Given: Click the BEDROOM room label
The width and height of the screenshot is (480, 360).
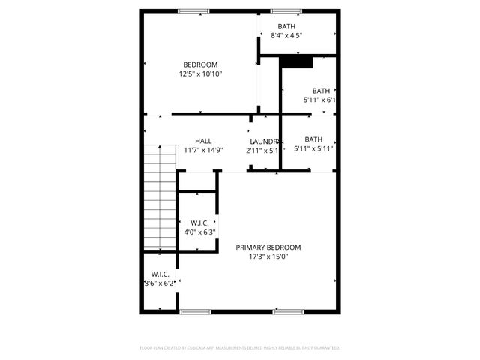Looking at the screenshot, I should tap(200, 64).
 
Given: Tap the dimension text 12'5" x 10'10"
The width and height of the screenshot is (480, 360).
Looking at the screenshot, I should tap(200, 73).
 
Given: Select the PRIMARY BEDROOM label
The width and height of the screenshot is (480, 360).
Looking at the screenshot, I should tap(268, 247).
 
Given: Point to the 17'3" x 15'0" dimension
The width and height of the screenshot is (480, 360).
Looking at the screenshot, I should tap(268, 257).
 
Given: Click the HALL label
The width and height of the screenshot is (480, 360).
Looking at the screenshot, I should tap(203, 140).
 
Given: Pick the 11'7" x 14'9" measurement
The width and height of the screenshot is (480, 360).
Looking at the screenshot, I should tap(203, 150).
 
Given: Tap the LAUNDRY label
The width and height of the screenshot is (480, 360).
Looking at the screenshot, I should tap(265, 141).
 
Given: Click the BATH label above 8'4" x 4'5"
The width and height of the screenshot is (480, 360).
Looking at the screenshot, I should tap(286, 26).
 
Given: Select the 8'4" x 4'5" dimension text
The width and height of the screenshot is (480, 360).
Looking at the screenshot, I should tap(286, 35).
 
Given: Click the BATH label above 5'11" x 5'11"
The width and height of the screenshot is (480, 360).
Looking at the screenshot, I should tap(313, 139).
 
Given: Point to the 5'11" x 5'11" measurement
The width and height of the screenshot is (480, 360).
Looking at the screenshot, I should tap(313, 148).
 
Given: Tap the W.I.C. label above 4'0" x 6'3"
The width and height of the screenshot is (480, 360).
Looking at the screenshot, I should tap(199, 223).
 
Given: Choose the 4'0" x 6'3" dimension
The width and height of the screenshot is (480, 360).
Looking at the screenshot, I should tap(199, 232).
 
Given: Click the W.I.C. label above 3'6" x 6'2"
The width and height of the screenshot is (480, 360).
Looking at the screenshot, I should tap(160, 274).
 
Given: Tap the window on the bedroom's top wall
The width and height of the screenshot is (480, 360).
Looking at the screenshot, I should tap(193, 10).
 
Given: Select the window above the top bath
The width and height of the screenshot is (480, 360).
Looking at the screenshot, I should tap(286, 10).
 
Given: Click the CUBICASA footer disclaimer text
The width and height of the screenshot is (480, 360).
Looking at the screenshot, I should tap(240, 348).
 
